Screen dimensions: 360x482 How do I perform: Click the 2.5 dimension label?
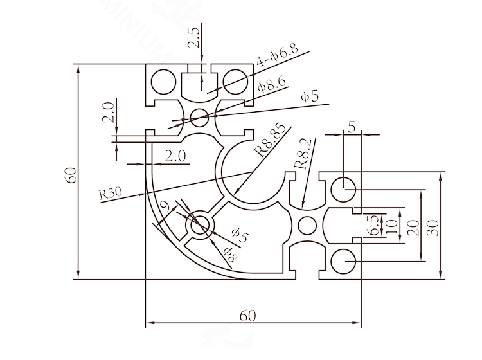(x=194, y=38)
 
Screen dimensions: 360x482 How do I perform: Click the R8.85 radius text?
(x=269, y=143)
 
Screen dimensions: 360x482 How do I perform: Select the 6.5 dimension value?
(x=371, y=224)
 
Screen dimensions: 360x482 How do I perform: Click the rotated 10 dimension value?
(x=388, y=226)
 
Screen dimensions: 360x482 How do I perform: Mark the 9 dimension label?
(x=165, y=207)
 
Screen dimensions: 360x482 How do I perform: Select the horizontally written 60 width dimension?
(x=249, y=316)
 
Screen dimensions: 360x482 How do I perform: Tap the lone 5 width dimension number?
(x=351, y=127)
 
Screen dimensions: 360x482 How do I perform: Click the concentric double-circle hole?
(x=200, y=226)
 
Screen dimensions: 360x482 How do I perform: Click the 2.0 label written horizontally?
(x=175, y=156)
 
